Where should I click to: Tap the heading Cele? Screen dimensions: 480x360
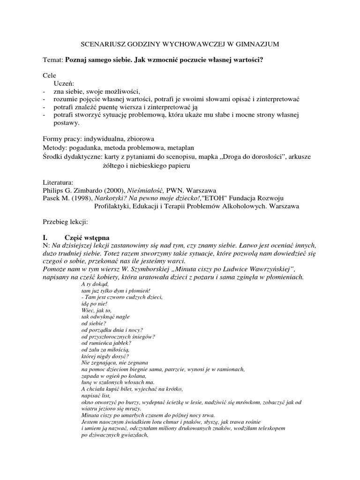[49, 75]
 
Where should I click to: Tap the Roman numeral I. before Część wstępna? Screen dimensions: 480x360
[46, 238]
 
